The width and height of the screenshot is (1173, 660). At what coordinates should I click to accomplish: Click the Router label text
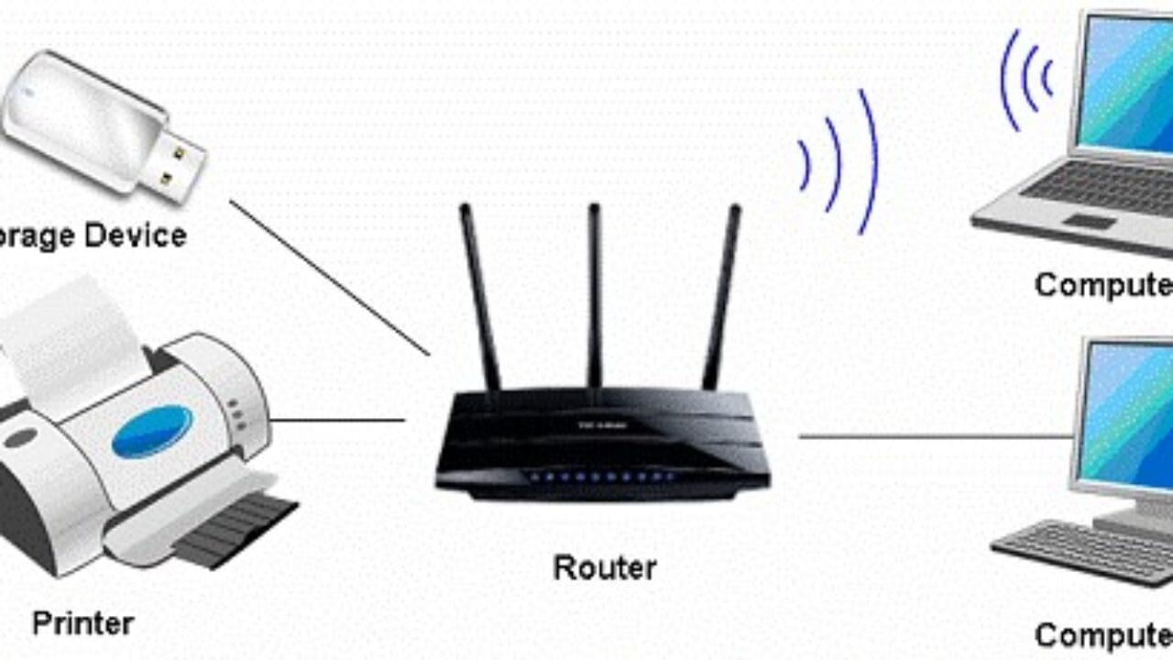coord(605,568)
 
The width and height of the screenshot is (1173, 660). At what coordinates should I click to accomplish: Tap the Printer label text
coord(83,624)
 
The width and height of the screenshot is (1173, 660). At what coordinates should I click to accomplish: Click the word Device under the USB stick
coord(137,236)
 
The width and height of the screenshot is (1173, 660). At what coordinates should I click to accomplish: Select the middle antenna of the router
coord(595,293)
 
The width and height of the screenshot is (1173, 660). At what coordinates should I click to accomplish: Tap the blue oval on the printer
coord(152,432)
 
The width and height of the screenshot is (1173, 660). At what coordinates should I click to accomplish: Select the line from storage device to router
coord(330,278)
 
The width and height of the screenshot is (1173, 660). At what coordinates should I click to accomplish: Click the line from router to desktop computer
coord(935,436)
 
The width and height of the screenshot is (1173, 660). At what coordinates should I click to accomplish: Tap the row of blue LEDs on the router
coord(600,478)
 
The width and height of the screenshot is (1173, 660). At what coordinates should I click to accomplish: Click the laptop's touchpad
coord(1090,221)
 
